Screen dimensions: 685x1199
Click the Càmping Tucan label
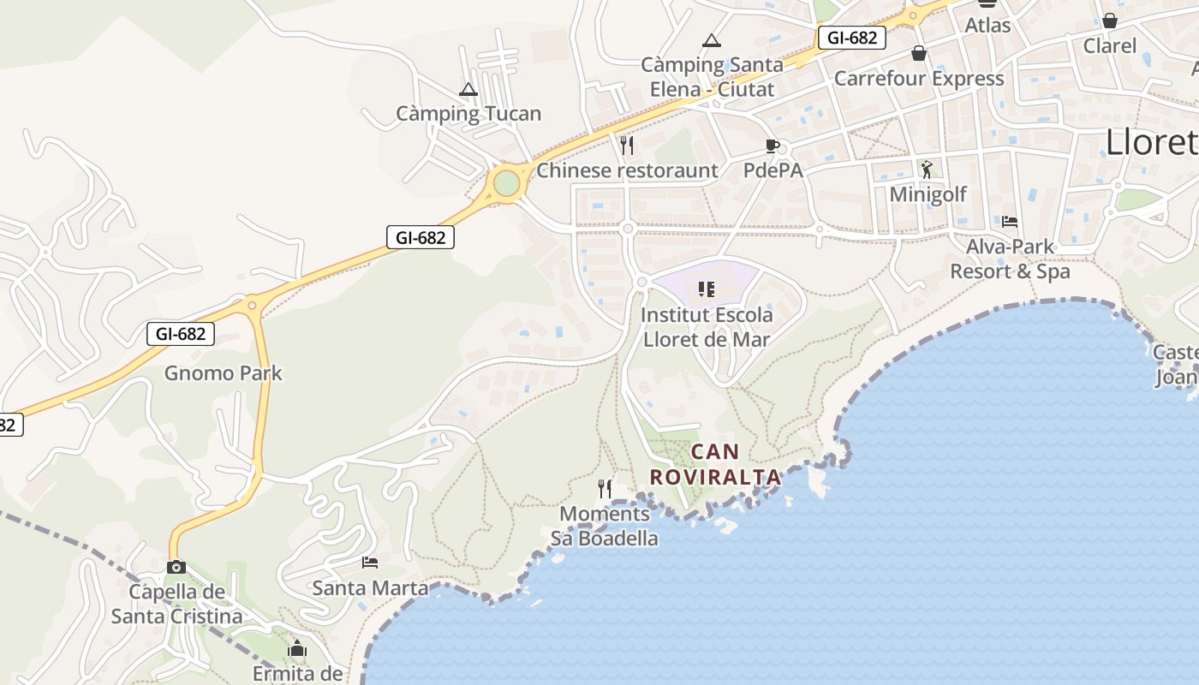pyautogui.click(x=468, y=114)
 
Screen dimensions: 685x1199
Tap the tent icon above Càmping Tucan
pyautogui.click(x=468, y=89)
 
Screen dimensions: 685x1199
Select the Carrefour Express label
pyautogui.click(x=918, y=79)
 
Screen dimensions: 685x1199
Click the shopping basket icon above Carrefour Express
pyautogui.click(x=919, y=53)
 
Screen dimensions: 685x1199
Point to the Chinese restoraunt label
pyautogui.click(x=627, y=170)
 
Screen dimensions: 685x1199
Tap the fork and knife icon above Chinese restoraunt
pyautogui.click(x=627, y=145)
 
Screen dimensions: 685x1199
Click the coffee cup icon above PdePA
pyautogui.click(x=772, y=146)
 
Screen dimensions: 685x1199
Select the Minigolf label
pyautogui.click(x=928, y=194)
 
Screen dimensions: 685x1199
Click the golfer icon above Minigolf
pyautogui.click(x=927, y=169)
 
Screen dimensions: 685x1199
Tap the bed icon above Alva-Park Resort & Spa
pyautogui.click(x=1010, y=222)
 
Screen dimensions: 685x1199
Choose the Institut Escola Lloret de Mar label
pyautogui.click(x=707, y=326)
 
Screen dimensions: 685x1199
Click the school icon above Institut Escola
pyautogui.click(x=707, y=289)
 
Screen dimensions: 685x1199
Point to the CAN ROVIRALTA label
pyautogui.click(x=715, y=464)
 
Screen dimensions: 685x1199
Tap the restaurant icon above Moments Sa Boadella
pyautogui.click(x=605, y=489)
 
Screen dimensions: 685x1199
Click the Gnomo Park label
pyautogui.click(x=223, y=373)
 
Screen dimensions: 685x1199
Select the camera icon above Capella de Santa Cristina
pyautogui.click(x=176, y=567)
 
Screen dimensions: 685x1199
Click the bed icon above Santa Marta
pyautogui.click(x=370, y=563)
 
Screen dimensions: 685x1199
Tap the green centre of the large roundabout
pyautogui.click(x=506, y=182)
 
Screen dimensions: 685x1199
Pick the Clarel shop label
pyautogui.click(x=1110, y=46)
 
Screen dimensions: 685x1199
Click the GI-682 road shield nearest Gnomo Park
pyautogui.click(x=180, y=334)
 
